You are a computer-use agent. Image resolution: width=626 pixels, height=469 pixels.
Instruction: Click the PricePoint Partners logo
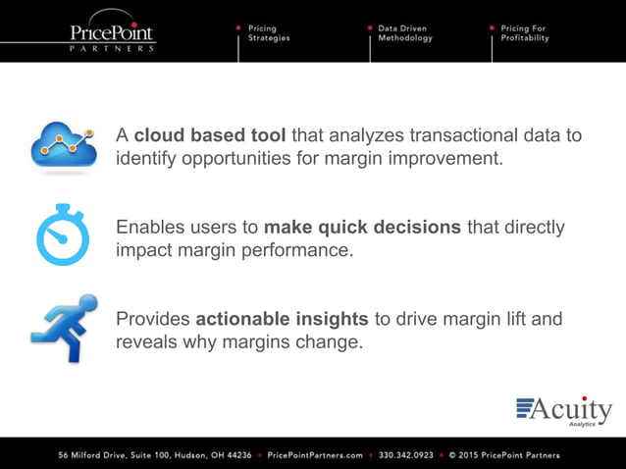tap(112, 35)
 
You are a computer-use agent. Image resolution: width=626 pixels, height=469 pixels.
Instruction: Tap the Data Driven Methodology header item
tap(404, 33)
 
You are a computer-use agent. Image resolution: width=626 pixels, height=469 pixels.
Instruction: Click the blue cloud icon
tap(63, 145)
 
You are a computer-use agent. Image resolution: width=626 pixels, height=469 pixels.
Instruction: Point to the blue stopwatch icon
tap(63, 236)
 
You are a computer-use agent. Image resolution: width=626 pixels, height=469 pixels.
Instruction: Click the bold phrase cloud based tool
tap(200, 135)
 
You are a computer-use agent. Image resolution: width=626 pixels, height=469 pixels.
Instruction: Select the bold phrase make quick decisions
tap(362, 228)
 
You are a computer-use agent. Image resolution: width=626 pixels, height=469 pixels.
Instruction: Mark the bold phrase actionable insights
tap(282, 320)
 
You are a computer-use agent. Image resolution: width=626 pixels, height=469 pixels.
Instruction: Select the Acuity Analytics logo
tap(563, 411)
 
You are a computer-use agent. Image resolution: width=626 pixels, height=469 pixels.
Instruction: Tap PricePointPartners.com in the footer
tap(315, 455)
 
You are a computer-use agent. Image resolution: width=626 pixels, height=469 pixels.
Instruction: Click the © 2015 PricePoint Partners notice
tap(503, 455)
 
